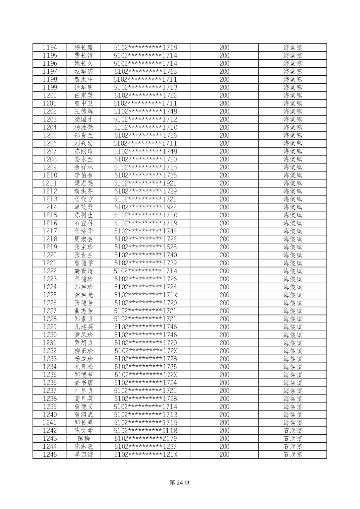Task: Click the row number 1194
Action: [50, 48]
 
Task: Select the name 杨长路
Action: [84, 48]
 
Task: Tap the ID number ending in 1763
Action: [145, 71]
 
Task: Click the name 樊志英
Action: [84, 183]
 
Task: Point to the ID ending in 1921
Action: [145, 183]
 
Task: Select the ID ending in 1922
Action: [145, 207]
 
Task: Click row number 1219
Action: [50, 247]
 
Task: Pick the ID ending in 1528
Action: [145, 247]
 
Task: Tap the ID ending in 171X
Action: [145, 295]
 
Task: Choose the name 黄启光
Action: [84, 295]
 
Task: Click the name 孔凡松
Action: [84, 367]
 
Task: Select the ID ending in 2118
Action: [145, 431]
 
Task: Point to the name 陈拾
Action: [84, 439]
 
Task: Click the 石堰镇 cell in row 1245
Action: [293, 454]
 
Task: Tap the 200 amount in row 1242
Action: [224, 431]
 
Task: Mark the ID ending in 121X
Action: [145, 454]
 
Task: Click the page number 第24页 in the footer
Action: [180, 483]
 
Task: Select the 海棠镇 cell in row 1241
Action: [293, 423]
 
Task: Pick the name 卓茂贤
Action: [84, 207]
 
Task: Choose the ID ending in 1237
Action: [145, 446]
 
